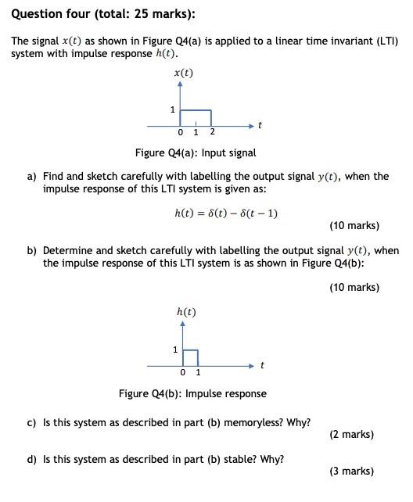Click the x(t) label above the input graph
point(184,74)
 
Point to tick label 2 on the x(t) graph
point(212,132)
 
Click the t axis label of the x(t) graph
point(260,124)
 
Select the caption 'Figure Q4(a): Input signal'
point(196,152)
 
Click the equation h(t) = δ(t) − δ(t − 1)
point(226,213)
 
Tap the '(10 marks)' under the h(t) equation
point(354,226)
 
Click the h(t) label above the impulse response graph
point(186,312)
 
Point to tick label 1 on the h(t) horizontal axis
point(198,372)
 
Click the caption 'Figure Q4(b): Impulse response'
point(192,393)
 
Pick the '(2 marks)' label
point(351,434)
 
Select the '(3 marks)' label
point(351,471)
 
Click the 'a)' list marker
point(32,177)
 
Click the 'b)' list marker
point(32,251)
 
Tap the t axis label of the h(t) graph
point(262,364)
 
